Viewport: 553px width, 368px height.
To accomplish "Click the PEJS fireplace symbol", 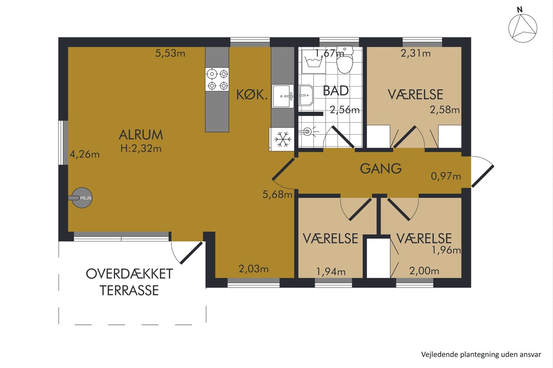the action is click(x=82, y=198).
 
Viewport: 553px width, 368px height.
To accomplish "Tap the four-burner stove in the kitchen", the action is click(x=217, y=80).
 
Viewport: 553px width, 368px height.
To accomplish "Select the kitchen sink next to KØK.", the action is click(x=283, y=96).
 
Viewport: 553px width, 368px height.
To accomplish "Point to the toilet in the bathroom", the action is click(x=345, y=60).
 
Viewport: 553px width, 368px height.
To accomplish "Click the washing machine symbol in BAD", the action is click(x=313, y=61).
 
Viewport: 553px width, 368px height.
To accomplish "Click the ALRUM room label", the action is click(x=141, y=135).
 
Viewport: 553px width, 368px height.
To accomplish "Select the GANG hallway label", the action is click(x=381, y=169).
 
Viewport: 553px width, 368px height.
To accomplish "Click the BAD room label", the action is click(x=336, y=91).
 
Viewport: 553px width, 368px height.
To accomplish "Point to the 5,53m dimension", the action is click(x=170, y=53).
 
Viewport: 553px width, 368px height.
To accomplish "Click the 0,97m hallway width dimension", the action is click(x=446, y=176).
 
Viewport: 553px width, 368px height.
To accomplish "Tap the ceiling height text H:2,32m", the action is click(x=141, y=149).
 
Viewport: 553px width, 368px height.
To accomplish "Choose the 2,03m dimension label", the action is click(x=253, y=269).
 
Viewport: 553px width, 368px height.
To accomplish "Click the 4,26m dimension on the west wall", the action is click(x=84, y=155).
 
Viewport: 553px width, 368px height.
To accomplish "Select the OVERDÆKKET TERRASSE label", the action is click(x=129, y=282).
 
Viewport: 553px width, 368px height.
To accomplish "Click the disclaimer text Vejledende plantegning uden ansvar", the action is click(x=481, y=355).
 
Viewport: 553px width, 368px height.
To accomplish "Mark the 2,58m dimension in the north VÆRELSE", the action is click(x=445, y=109).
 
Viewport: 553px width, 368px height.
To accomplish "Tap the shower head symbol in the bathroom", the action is click(x=309, y=132).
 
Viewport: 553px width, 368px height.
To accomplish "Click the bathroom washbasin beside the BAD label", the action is click(x=306, y=96).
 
